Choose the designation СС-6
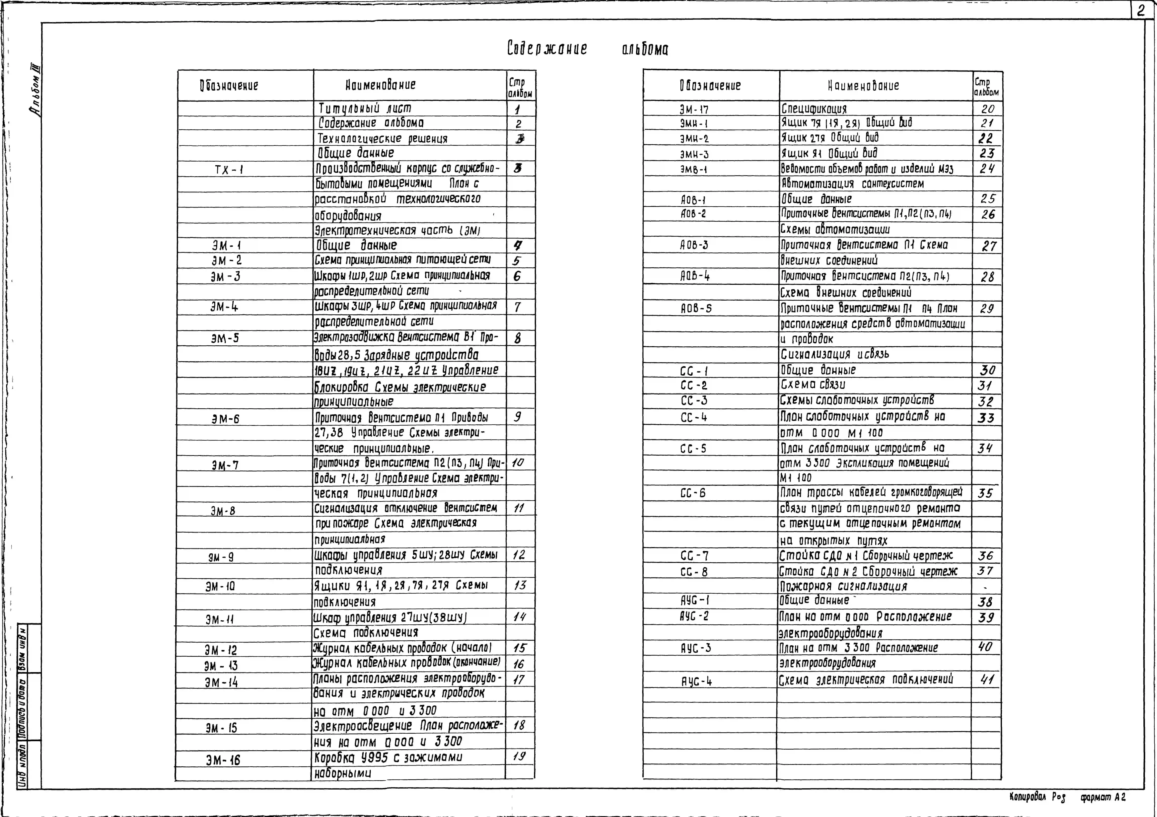tap(693, 493)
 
